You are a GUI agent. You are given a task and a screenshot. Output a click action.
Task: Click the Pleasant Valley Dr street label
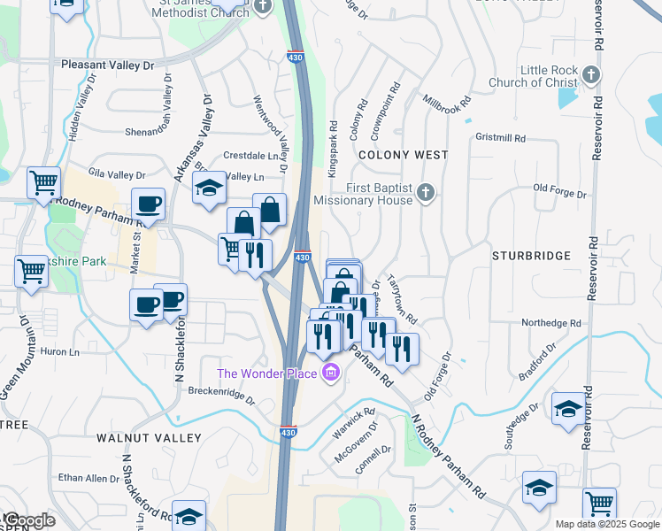108,65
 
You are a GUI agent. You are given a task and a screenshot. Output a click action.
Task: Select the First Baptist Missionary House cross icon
426,192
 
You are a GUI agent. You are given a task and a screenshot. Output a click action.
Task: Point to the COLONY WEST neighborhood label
404,155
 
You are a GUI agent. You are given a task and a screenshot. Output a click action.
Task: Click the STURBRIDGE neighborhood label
532,256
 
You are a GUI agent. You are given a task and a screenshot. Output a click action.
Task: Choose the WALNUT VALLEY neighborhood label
149,438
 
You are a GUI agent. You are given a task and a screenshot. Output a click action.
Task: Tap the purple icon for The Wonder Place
331,373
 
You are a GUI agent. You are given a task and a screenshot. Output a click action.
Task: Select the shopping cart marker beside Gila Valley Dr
43,183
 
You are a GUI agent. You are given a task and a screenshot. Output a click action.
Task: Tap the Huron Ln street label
59,351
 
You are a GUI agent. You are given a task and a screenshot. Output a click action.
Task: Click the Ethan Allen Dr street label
89,478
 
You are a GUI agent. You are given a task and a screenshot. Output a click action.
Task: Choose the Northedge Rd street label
549,324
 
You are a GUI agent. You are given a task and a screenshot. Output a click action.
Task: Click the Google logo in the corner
28,520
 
